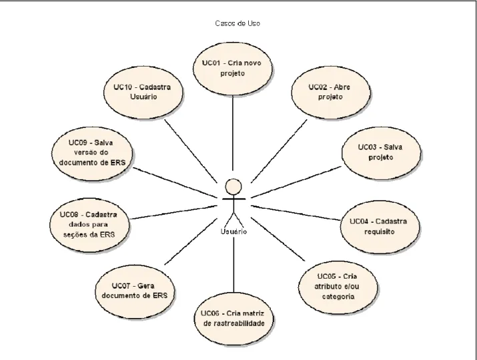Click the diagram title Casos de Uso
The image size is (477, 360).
pyautogui.click(x=237, y=23)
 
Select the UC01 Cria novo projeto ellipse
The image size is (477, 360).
pyautogui.click(x=232, y=69)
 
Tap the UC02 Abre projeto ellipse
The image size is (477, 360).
pyautogui.click(x=331, y=93)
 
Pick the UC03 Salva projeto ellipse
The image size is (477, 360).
pyautogui.click(x=381, y=153)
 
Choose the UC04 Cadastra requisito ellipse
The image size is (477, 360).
pyautogui.click(x=380, y=227)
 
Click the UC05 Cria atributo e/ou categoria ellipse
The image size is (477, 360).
pyautogui.click(x=338, y=287)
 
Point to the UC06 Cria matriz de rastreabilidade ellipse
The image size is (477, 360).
pyautogui.click(x=233, y=319)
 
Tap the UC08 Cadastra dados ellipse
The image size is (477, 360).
pyautogui.click(x=89, y=225)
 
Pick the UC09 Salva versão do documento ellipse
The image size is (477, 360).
pyautogui.click(x=92, y=153)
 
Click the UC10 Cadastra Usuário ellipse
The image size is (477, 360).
pyautogui.click(x=143, y=93)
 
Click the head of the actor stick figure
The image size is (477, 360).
pyautogui.click(x=233, y=187)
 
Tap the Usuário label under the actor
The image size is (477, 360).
pyautogui.click(x=233, y=232)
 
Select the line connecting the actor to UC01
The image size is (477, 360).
pyautogui.click(x=233, y=133)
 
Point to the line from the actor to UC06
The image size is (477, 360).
pyautogui.click(x=233, y=265)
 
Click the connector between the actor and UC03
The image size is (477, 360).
pyautogui.click(x=296, y=182)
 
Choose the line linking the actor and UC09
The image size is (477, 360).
pyautogui.click(x=175, y=183)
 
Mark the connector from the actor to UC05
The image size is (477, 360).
pyautogui.click(x=278, y=239)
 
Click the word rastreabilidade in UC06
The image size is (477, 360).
pyautogui.click(x=234, y=323)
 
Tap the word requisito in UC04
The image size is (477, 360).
pyautogui.click(x=380, y=232)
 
